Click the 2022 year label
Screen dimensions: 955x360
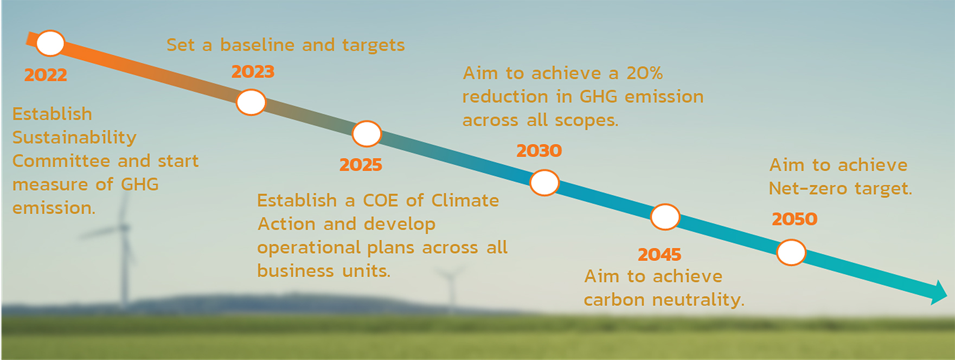coord(46,75)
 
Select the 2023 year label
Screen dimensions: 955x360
coord(253,72)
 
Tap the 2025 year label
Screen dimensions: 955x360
coord(361,165)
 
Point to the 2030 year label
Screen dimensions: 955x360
coord(539,151)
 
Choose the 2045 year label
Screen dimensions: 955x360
coord(659,254)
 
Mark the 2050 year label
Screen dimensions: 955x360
coord(794,219)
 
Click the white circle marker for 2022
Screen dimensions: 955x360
coord(50,43)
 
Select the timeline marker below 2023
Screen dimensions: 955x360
coord(251,102)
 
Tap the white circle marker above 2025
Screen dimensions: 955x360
coord(367,134)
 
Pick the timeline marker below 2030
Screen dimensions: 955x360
coord(544,183)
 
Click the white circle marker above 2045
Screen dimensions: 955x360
coord(665,217)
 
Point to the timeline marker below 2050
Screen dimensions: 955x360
coord(791,252)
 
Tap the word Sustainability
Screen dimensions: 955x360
coord(74,138)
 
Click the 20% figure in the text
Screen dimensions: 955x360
coord(644,73)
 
